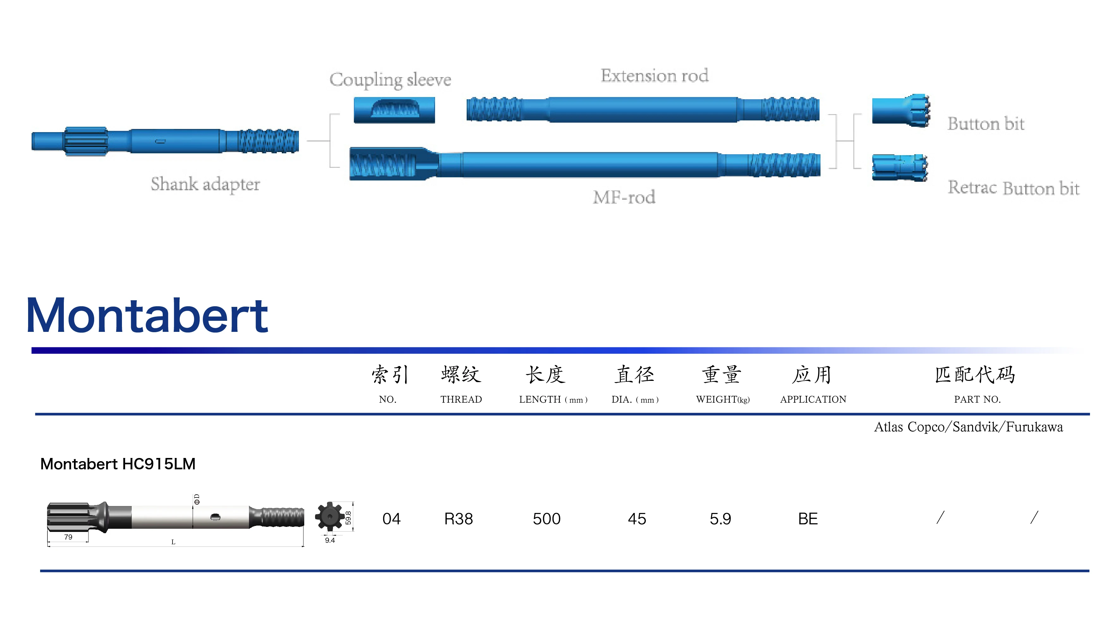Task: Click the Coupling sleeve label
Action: [x=390, y=80]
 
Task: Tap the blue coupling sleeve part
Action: [x=394, y=110]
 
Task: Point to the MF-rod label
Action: [x=624, y=197]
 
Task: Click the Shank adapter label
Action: [x=205, y=184]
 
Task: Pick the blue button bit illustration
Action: [x=900, y=110]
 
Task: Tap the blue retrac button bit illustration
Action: [x=899, y=168]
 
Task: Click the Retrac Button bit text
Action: [x=1013, y=188]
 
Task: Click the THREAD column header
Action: [x=461, y=399]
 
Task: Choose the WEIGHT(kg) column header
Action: [x=723, y=399]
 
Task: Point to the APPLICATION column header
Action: [x=813, y=399]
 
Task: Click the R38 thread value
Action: [x=458, y=519]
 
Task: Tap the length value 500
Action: [x=547, y=519]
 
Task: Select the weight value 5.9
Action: [x=720, y=519]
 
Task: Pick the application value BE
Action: [x=808, y=519]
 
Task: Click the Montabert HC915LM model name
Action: [x=118, y=464]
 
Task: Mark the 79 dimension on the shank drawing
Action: [x=68, y=537]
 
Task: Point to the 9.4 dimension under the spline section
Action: [x=330, y=540]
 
